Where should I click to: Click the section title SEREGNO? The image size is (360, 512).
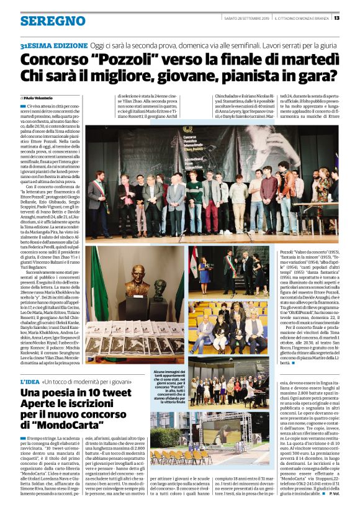tap(44, 21)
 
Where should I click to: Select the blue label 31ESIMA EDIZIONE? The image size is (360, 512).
tap(53, 47)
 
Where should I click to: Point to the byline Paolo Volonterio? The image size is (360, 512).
tap(45, 98)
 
